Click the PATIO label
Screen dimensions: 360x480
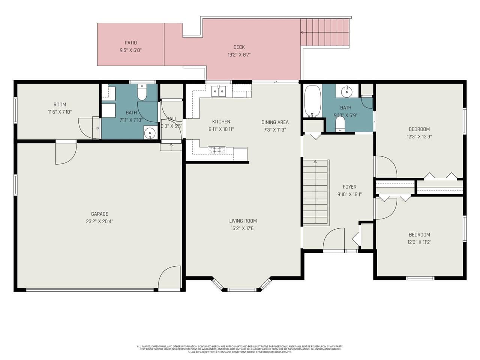coord(130,43)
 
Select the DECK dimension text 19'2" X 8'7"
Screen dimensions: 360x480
coord(239,55)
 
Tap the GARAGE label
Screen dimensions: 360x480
coord(99,214)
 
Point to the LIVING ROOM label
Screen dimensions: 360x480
coord(243,221)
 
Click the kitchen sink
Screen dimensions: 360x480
coord(219,91)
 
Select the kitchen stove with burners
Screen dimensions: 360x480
coord(217,150)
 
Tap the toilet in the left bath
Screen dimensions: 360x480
coord(142,93)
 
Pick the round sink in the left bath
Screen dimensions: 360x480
coord(150,133)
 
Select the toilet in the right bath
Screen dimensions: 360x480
coord(340,124)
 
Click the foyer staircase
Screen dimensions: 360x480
coord(316,192)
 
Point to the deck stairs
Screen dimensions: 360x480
coord(325,32)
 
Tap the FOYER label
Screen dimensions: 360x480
coord(349,187)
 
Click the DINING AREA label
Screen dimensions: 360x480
coord(275,122)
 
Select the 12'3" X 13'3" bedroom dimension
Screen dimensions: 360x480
coord(419,137)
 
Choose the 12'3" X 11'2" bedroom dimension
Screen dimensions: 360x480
coord(419,242)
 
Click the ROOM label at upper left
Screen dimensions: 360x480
coord(60,105)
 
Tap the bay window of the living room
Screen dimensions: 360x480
coord(241,288)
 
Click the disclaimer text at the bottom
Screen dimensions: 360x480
coord(240,349)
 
